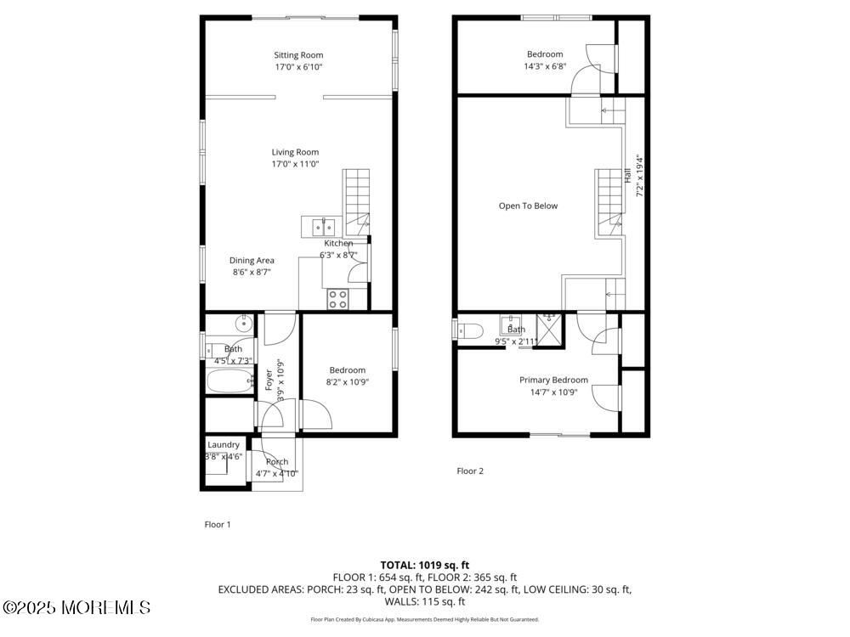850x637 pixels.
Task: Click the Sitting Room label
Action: (x=298, y=55)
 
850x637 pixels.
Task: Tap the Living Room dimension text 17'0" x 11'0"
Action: (x=296, y=165)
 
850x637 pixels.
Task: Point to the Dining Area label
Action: (x=252, y=261)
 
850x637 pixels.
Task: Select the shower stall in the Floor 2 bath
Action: (x=551, y=330)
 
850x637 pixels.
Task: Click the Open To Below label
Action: (x=528, y=206)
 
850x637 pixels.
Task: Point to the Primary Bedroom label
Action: (x=553, y=381)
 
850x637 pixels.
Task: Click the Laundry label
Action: (x=224, y=444)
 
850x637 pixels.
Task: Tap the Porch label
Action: (x=277, y=462)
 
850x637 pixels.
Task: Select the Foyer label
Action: (x=269, y=379)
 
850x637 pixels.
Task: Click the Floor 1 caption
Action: (x=218, y=524)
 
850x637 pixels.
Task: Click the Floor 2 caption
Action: (x=470, y=471)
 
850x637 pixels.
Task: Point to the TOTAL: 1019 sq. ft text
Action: (x=424, y=565)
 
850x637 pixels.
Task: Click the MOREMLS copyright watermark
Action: (x=76, y=607)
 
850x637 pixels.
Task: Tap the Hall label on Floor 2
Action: (x=628, y=176)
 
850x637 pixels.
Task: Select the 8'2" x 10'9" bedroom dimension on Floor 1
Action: (x=348, y=382)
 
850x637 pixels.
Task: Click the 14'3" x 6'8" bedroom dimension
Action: (x=544, y=66)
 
